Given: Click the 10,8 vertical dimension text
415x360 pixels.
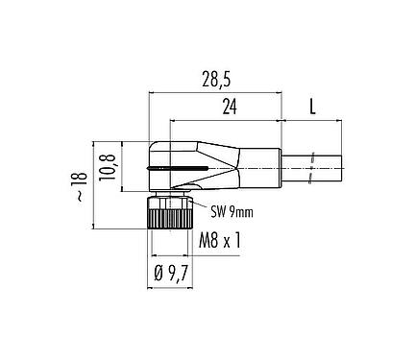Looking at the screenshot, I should click(x=112, y=166).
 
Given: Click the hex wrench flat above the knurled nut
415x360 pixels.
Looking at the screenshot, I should click(x=171, y=195).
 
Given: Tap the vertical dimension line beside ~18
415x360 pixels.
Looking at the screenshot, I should click(x=93, y=182).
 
